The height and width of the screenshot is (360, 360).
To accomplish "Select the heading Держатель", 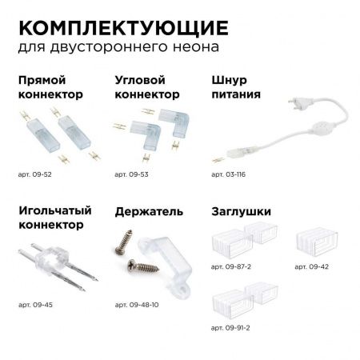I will (x=149, y=212).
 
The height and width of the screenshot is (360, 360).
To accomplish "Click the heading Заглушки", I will (x=241, y=212).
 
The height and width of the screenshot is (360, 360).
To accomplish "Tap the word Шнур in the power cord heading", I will (x=228, y=81).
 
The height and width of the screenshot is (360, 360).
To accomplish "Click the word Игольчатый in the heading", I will (x=49, y=212).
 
